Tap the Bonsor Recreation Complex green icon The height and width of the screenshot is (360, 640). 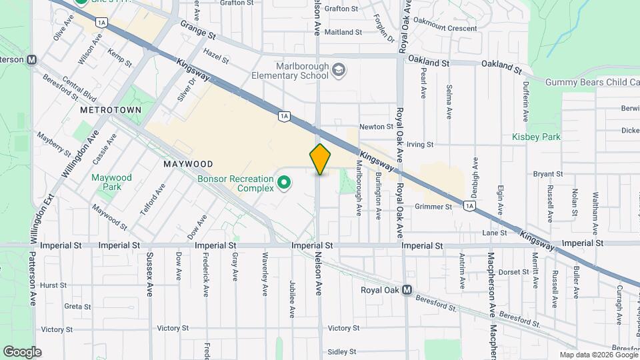(x=284, y=182)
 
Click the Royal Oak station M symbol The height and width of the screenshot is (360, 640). (x=406, y=290)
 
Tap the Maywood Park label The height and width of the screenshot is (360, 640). (x=113, y=183)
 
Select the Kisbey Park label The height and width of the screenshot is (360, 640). (x=536, y=137)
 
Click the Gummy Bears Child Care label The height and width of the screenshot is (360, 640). (x=592, y=82)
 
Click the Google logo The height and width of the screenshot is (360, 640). (x=22, y=351)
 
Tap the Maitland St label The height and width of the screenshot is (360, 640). (x=344, y=32)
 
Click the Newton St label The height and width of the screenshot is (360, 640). (x=376, y=127)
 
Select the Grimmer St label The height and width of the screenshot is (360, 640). (x=433, y=207)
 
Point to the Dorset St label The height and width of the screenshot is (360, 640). (x=513, y=272)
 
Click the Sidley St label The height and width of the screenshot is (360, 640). (x=344, y=351)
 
